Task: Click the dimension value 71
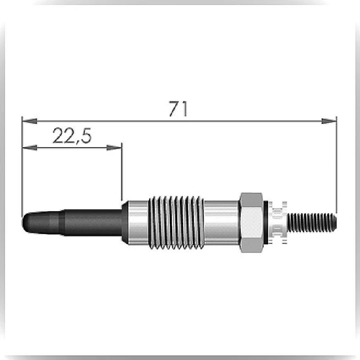[x=178, y=109]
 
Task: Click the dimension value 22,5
[x=72, y=136]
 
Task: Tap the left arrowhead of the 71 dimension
[x=29, y=121]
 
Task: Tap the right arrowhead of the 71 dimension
[x=329, y=121]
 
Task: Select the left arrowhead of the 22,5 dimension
[x=30, y=148]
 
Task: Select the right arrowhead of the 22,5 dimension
[x=114, y=148]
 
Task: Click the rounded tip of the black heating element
[x=26, y=223]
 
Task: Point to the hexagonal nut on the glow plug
[x=251, y=223]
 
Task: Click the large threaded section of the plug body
[x=176, y=223]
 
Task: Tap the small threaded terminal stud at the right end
[x=312, y=223]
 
